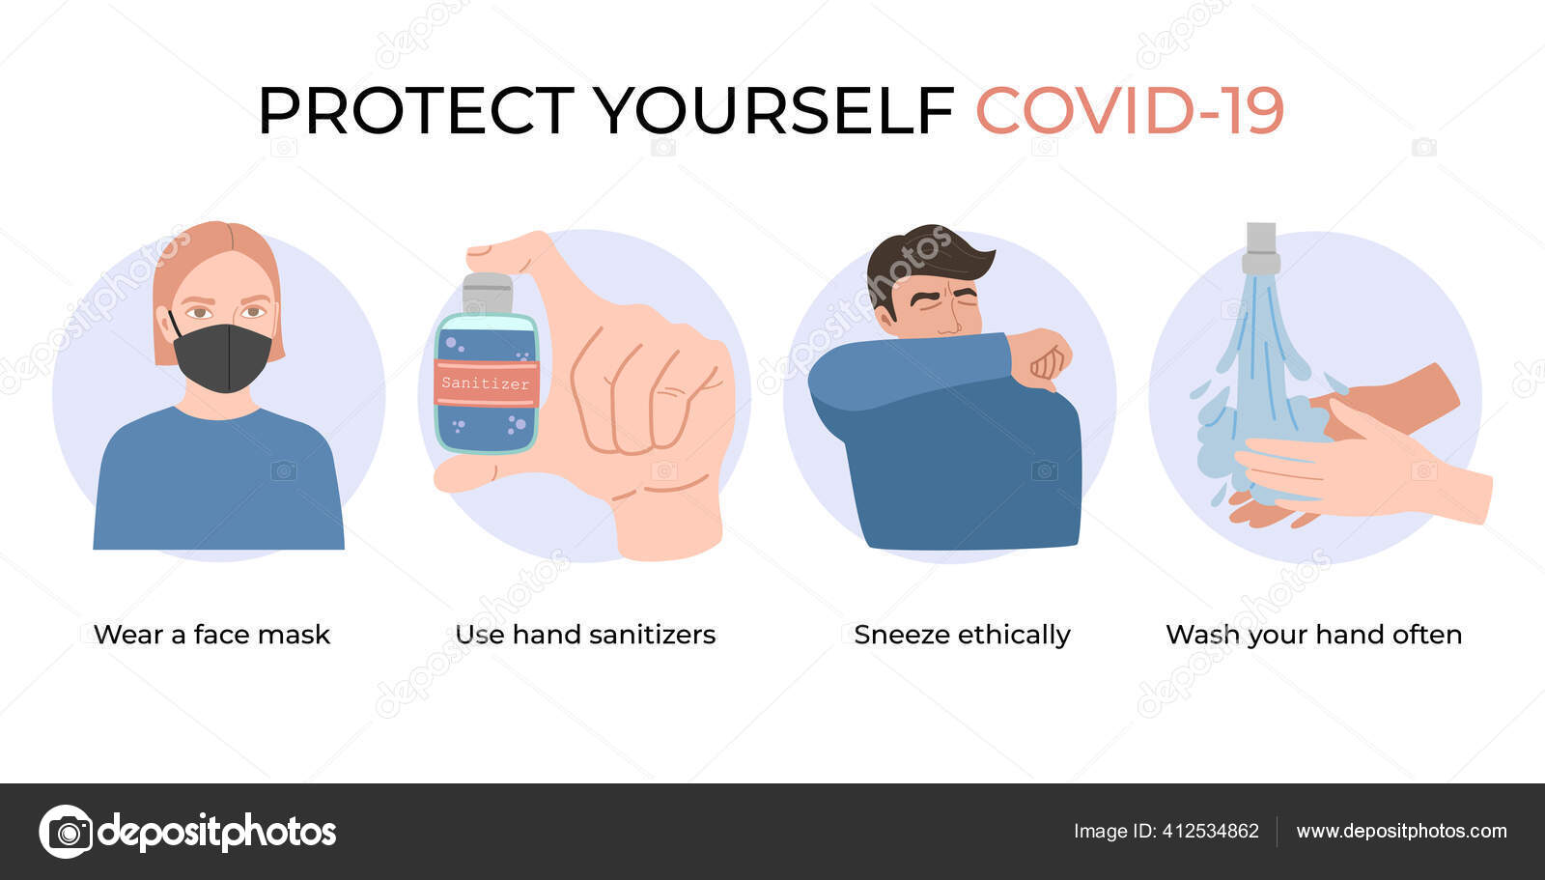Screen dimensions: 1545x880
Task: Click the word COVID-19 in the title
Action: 1129,110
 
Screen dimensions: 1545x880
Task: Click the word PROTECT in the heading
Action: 416,110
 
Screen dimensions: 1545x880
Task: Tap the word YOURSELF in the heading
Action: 773,110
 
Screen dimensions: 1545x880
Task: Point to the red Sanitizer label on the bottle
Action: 487,383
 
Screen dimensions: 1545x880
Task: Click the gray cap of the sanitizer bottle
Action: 487,294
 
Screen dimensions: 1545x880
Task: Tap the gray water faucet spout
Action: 1261,248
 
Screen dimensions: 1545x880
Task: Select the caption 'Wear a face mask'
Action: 211,635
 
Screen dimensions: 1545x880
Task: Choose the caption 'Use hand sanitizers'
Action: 585,635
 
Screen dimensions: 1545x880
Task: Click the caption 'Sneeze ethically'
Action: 962,635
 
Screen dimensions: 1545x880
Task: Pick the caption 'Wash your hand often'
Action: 1314,635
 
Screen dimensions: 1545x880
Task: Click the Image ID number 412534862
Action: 1211,831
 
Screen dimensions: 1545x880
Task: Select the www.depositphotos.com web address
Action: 1401,831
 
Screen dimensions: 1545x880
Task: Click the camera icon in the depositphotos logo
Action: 67,832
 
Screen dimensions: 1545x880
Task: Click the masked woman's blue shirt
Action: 218,483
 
